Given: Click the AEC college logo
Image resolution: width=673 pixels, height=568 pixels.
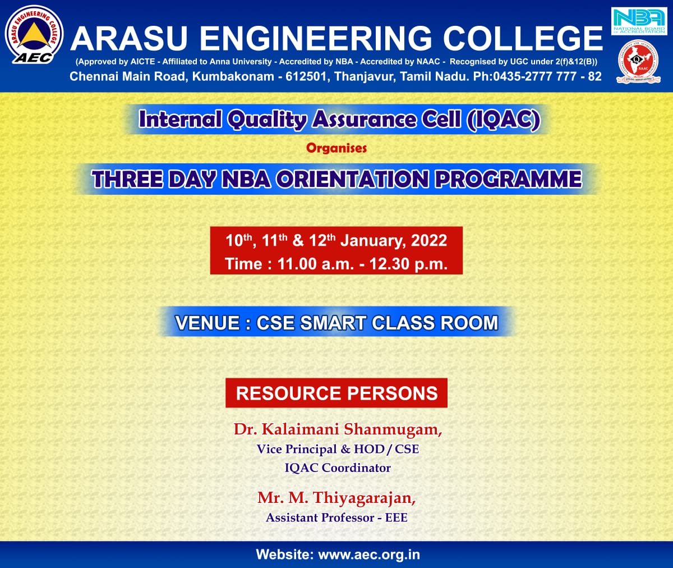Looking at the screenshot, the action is (x=34, y=34).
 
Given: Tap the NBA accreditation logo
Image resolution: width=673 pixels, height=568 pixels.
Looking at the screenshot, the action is (x=639, y=21).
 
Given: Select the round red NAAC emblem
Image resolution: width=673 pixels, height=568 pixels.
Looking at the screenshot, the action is (x=638, y=62).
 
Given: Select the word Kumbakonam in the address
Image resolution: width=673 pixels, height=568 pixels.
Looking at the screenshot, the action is (x=233, y=76).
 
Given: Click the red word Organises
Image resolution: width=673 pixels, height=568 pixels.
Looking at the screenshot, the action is (x=336, y=148).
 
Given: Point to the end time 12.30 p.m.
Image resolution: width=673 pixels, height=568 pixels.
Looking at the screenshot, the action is (x=408, y=264).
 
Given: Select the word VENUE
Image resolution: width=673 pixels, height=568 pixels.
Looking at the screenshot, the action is (x=208, y=323).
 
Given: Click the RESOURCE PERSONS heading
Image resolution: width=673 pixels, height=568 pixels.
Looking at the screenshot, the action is (x=336, y=393).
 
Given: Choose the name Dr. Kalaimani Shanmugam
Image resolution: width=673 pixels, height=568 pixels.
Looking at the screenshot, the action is (x=338, y=429).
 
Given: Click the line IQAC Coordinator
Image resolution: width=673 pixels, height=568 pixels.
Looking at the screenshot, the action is (x=338, y=468).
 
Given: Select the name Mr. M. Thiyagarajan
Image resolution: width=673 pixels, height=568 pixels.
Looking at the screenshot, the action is (x=337, y=498).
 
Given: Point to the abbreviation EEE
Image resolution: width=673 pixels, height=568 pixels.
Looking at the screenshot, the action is (x=397, y=517).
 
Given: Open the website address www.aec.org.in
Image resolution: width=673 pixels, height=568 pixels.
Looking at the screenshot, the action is (x=369, y=555).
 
